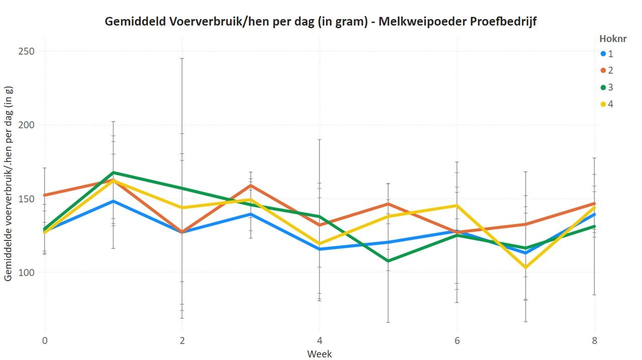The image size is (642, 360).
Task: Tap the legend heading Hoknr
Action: pos(612,39)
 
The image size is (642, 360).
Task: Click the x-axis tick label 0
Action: pos(45,340)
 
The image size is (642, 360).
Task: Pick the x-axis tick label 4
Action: pos(319,340)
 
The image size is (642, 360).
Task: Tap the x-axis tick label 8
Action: pos(594,340)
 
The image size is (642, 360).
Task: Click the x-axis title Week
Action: pos(319,354)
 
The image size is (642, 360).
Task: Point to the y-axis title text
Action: pos(9,183)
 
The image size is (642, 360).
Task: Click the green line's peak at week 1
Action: pos(113,172)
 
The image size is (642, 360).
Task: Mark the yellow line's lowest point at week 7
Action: pos(526,267)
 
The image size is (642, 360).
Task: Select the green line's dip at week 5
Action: pos(388,261)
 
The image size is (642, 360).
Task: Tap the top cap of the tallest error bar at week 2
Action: pos(182,58)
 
